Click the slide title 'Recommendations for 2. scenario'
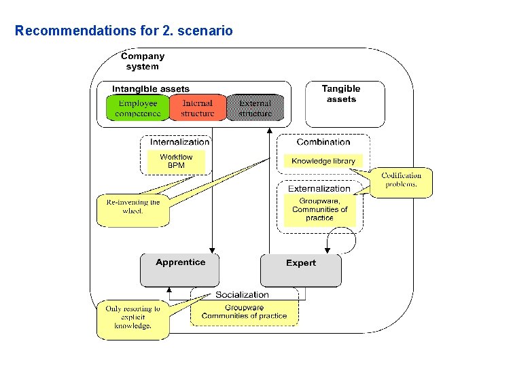pyautogui.click(x=124, y=31)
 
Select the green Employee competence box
pyautogui.click(x=137, y=108)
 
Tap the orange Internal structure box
pyautogui.click(x=197, y=108)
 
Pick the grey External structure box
pyautogui.click(x=255, y=108)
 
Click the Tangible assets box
pyautogui.click(x=341, y=94)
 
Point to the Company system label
pyautogui.click(x=143, y=61)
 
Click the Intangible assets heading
pyautogui.click(x=151, y=89)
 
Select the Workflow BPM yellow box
pyautogui.click(x=176, y=161)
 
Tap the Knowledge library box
pyautogui.click(x=323, y=161)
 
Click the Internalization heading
pyautogui.click(x=179, y=142)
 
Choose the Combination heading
pyautogui.click(x=323, y=142)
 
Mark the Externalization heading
pyautogui.click(x=319, y=188)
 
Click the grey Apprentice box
pyautogui.click(x=180, y=270)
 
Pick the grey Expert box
pyautogui.click(x=301, y=270)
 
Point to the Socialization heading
pyautogui.click(x=242, y=294)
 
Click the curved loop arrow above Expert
pyautogui.click(x=344, y=240)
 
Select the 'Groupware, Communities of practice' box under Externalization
pyautogui.click(x=319, y=209)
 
